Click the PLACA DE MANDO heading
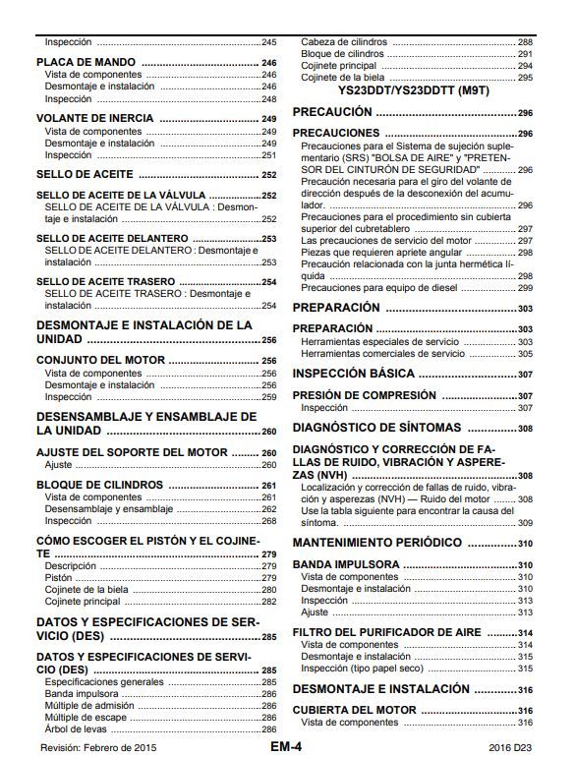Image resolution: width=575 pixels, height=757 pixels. pyautogui.click(x=86, y=62)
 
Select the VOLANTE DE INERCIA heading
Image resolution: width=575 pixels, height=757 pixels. pyautogui.click(x=95, y=118)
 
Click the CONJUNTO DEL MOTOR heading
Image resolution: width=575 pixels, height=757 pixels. pyautogui.click(x=100, y=361)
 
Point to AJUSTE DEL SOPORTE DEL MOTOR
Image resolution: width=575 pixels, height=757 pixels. pyautogui.click(x=132, y=452)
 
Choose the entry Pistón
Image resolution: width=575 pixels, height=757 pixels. pyautogui.click(x=59, y=577)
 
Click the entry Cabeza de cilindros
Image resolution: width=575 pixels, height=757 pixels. pyautogui.click(x=344, y=42)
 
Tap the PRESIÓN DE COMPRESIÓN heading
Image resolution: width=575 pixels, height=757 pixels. pyautogui.click(x=365, y=395)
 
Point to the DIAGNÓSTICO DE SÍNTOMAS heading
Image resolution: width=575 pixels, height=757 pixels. pyautogui.click(x=376, y=428)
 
